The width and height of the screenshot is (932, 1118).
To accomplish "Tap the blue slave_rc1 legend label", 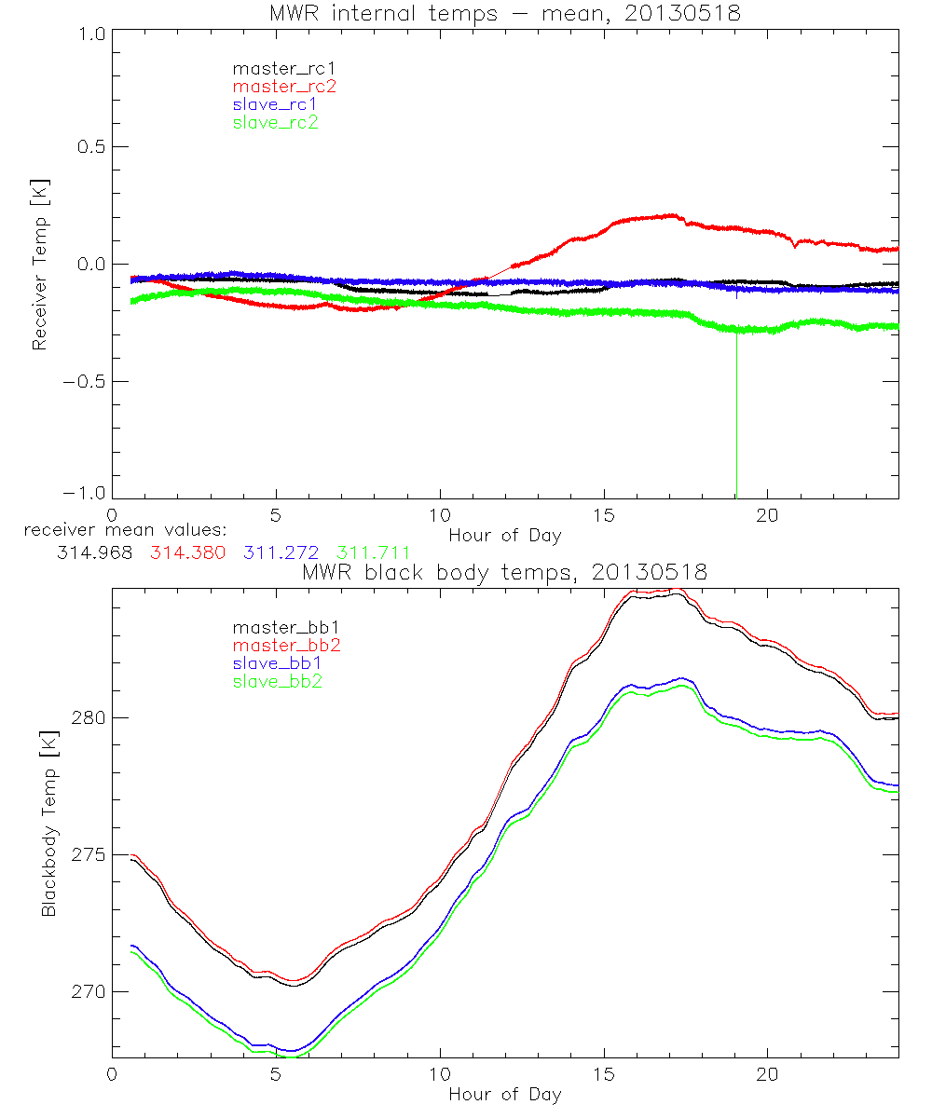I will click(x=275, y=103).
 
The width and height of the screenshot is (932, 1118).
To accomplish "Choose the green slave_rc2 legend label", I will click(x=275, y=122).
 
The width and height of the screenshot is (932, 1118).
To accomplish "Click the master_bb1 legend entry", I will click(x=279, y=627).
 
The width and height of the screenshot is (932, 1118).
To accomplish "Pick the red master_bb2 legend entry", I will click(x=279, y=645).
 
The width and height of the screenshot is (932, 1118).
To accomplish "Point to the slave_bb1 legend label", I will click(x=279, y=663).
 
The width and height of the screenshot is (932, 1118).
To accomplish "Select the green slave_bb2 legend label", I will click(x=279, y=681).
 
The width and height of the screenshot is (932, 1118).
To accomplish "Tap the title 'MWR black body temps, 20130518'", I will click(x=504, y=572).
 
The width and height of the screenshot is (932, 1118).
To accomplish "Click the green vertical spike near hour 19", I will click(x=737, y=419).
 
